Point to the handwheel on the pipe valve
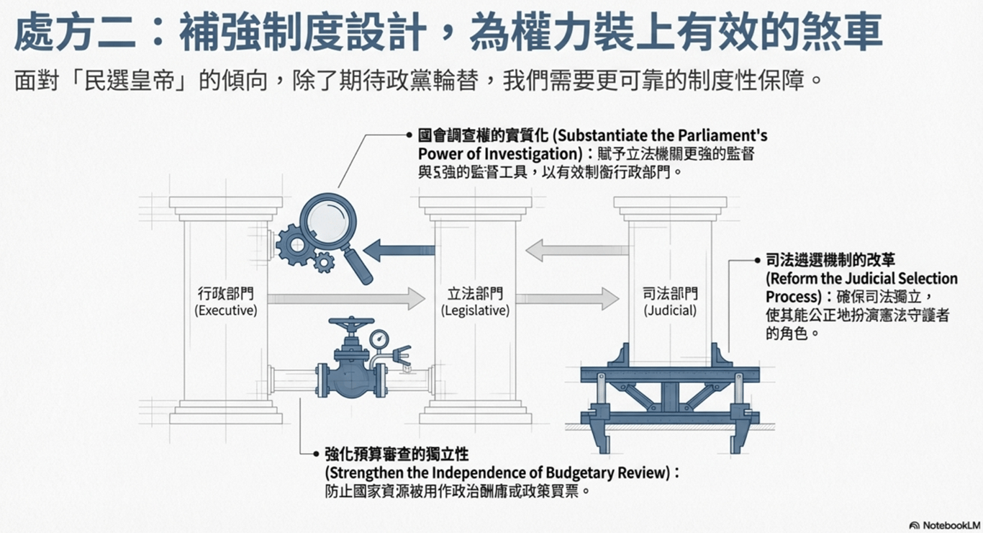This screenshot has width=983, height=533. click(351, 323)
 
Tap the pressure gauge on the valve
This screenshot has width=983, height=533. click(379, 337)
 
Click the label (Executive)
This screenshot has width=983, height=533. click(225, 311)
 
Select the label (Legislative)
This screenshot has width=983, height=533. click(475, 311)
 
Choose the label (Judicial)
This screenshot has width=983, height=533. click(670, 311)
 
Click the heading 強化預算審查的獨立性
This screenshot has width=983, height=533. click(397, 454)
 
